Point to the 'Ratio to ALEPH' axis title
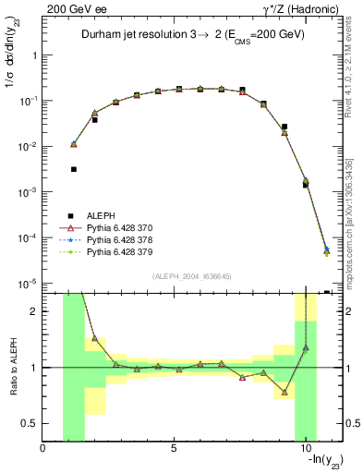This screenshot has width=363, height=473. (x=12, y=367)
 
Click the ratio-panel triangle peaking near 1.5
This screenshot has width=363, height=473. (x=94, y=338)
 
